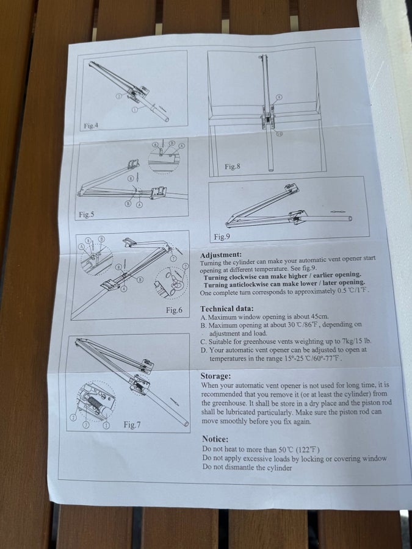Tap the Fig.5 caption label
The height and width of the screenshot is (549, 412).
tap(87, 215)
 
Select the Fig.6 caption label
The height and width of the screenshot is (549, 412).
tap(174, 310)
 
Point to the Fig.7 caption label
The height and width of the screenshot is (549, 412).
tap(132, 425)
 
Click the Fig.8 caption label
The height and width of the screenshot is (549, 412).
tap(233, 167)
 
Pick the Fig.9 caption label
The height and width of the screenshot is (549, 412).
tap(222, 237)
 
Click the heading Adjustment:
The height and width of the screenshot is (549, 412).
tap(221, 254)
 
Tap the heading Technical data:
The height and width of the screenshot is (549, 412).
tap(226, 309)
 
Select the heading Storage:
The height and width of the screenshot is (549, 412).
tap(215, 376)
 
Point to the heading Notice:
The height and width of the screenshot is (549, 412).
tap(215, 439)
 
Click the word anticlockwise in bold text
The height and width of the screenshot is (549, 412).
tap(249, 284)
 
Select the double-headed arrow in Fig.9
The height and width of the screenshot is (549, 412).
tap(337, 212)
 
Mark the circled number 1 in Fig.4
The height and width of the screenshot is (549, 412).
tap(134, 110)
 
